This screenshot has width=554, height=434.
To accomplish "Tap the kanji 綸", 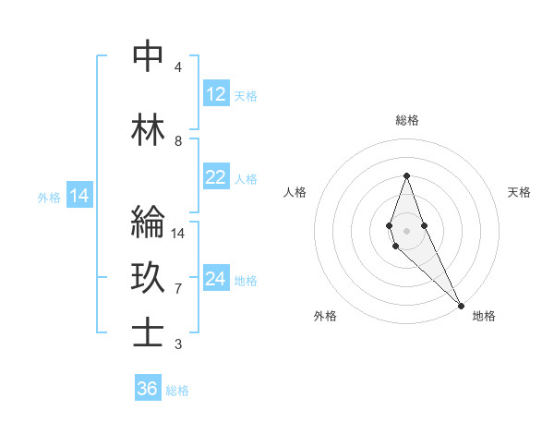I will tap(148, 223).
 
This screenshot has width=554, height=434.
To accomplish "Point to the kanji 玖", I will tap(148, 278).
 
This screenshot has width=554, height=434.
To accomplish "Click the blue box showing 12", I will tap(216, 94).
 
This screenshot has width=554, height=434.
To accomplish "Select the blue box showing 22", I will tap(216, 177).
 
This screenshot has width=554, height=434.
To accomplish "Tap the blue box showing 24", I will tap(216, 279).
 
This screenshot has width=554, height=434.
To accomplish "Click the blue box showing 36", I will tap(148, 389).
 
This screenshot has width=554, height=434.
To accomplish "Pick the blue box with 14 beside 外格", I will tap(78, 196).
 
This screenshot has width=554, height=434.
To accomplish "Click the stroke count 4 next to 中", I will tap(178, 67).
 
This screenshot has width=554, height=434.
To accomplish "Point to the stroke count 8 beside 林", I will tap(178, 141).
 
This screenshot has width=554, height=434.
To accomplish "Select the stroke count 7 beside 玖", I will tap(178, 289).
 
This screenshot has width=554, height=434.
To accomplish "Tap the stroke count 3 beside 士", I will tap(178, 344).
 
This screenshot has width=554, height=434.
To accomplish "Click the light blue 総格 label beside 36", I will tap(177, 391).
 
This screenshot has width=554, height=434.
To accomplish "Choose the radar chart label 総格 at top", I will tap(407, 120).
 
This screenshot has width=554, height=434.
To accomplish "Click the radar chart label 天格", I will tap(520, 192).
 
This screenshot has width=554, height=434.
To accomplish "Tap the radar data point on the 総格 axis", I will tap(406, 175).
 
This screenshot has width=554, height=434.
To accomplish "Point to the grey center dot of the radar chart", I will tap(406, 230).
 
